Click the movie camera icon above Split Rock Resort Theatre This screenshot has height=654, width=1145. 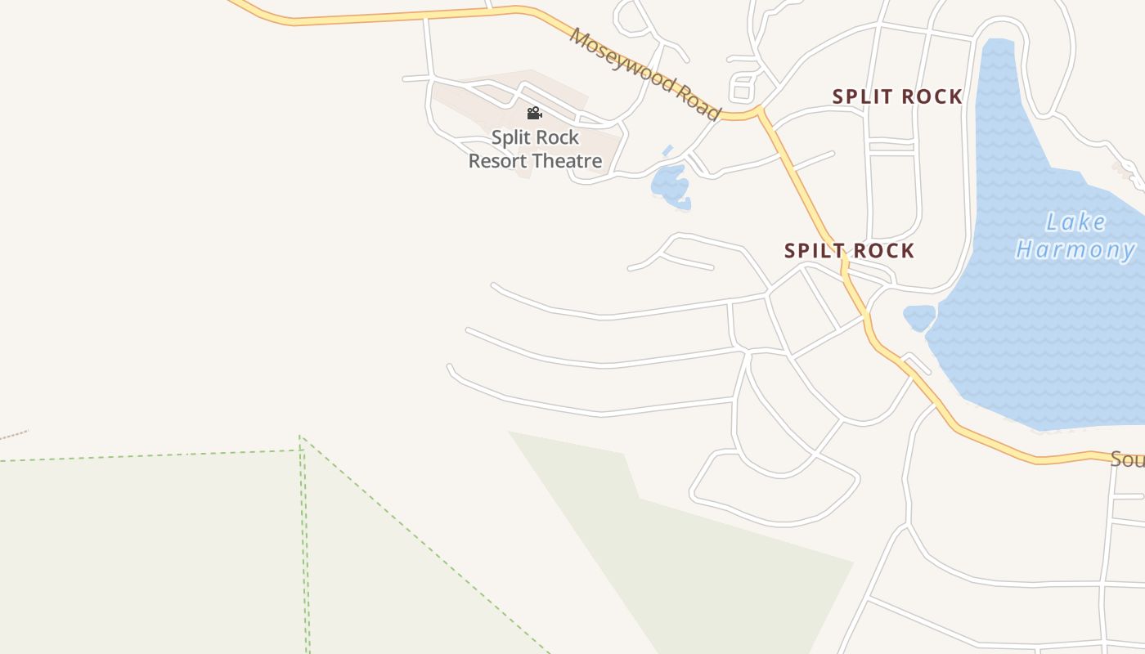click(x=535, y=113)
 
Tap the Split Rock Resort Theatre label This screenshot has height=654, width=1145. click(x=535, y=150)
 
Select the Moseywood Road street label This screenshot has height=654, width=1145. click(x=645, y=74)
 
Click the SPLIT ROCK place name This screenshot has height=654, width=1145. click(x=897, y=96)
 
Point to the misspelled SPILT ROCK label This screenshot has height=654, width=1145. click(x=849, y=251)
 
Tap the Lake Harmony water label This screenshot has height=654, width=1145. click(x=1075, y=235)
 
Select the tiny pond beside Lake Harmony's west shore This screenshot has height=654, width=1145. click(x=919, y=316)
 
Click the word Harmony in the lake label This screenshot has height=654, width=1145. click(x=1075, y=249)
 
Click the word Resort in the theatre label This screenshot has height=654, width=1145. click(x=497, y=161)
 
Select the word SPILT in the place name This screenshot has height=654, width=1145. click(x=811, y=251)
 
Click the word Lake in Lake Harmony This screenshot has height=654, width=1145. click(x=1076, y=222)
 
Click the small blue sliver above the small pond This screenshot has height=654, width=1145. click(x=667, y=150)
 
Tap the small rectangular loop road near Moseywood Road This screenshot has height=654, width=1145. click(x=743, y=87)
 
